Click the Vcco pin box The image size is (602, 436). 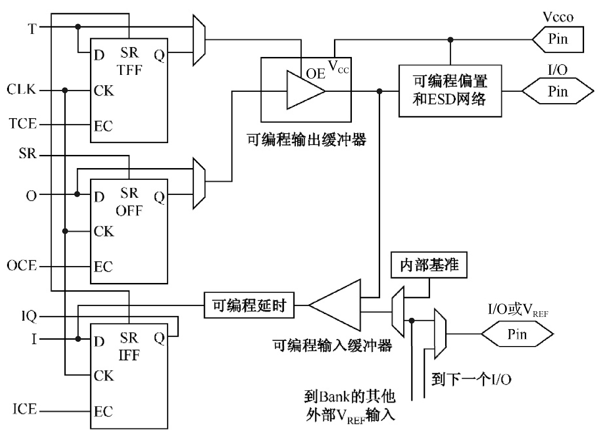[x=558, y=39]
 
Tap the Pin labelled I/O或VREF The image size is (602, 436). [x=517, y=334]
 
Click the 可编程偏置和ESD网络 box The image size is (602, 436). [x=450, y=91]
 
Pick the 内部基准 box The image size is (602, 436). [x=429, y=267]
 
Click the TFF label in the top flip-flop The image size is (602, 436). [x=130, y=70]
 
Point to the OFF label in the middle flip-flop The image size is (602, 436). [x=130, y=210]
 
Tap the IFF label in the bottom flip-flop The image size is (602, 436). [x=130, y=355]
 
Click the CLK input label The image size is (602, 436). [x=22, y=89]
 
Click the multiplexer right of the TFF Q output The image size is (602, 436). [x=199, y=40]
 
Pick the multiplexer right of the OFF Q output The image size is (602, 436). [x=199, y=183]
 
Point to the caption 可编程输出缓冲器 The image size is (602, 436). [x=306, y=139]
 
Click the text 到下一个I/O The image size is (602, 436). [x=471, y=379]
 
